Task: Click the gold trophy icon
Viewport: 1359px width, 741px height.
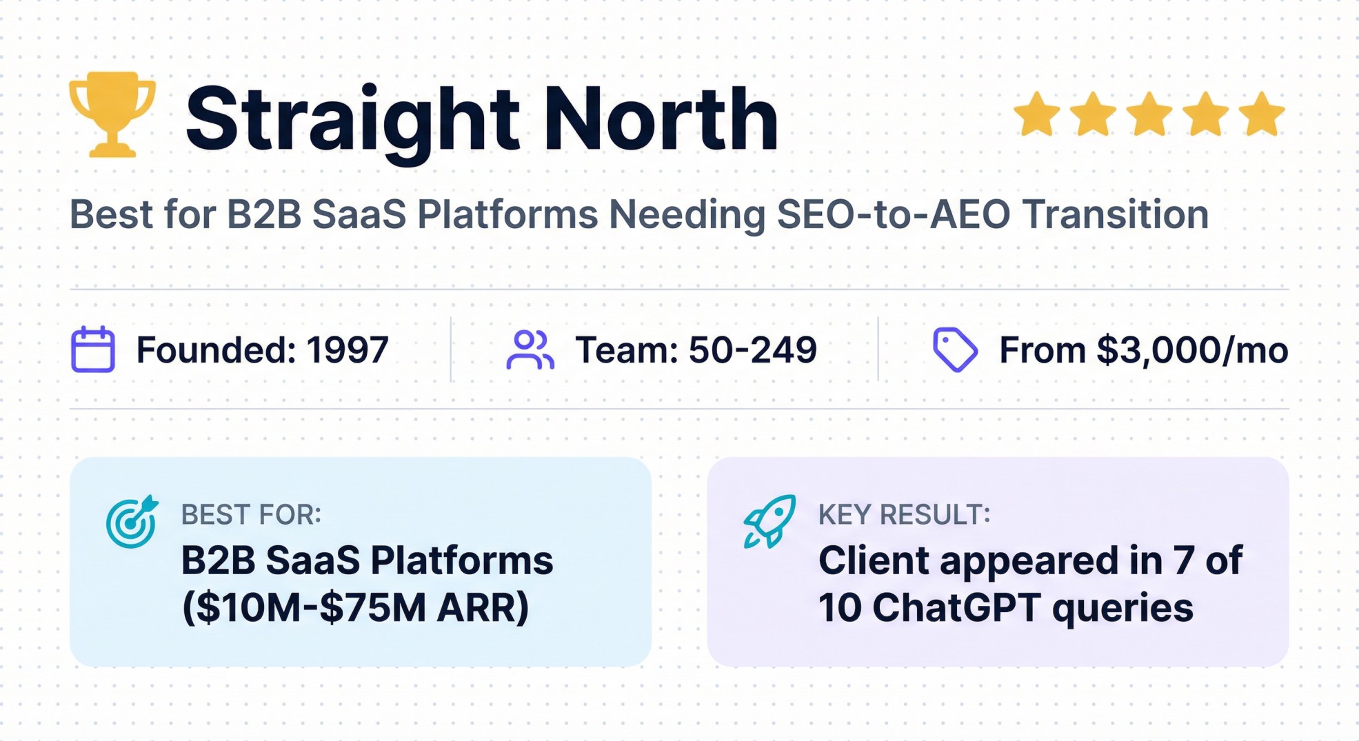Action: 112,114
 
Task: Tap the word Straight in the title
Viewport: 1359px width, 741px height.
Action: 352,119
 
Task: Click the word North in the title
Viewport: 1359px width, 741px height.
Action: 661,119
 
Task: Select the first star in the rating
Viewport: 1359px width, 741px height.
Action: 1036,114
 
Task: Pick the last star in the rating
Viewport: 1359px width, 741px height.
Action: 1261,114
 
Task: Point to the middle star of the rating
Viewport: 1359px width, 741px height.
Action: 1149,114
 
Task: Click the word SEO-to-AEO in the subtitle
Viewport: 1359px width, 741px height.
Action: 893,214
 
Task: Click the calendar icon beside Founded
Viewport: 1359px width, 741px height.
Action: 93,349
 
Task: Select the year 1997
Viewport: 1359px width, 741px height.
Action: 348,350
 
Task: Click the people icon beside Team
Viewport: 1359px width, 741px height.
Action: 530,349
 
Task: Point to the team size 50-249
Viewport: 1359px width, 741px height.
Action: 752,350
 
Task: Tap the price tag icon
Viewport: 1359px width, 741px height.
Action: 954,349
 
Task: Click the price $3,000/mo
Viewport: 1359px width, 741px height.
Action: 1192,350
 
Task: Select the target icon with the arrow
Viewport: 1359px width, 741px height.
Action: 132,522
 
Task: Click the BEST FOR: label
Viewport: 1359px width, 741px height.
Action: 251,514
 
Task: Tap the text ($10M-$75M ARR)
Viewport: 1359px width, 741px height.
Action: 355,608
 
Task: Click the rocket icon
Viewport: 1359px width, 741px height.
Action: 769,522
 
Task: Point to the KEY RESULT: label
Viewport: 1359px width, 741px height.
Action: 904,514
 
